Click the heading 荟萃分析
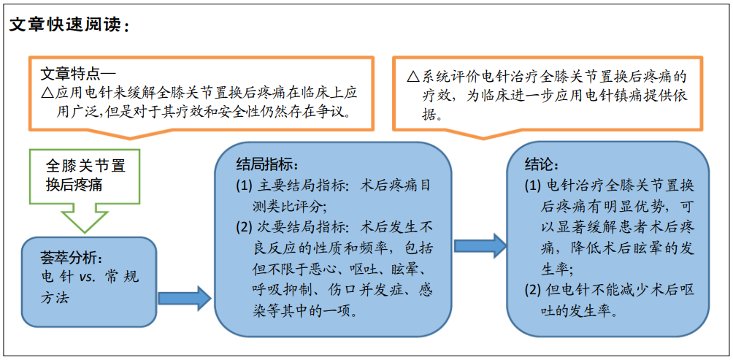[72, 258]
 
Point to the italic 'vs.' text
[88, 277]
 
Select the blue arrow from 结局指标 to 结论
[480, 245]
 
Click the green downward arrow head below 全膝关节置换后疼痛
[85, 218]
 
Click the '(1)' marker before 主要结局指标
[245, 186]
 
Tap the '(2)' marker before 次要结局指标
[245, 228]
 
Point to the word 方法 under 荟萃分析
[55, 297]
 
